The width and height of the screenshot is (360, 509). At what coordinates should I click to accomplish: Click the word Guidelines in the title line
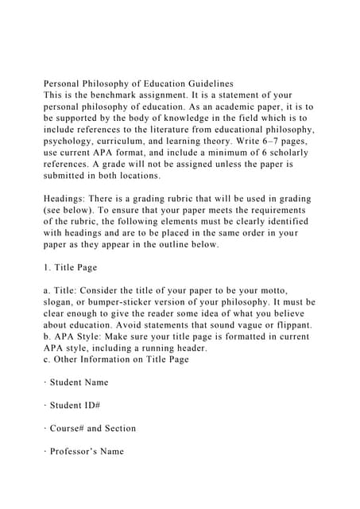pyautogui.click(x=206, y=83)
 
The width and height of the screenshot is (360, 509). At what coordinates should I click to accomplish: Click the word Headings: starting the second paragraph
pyautogui.click(x=71, y=198)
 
